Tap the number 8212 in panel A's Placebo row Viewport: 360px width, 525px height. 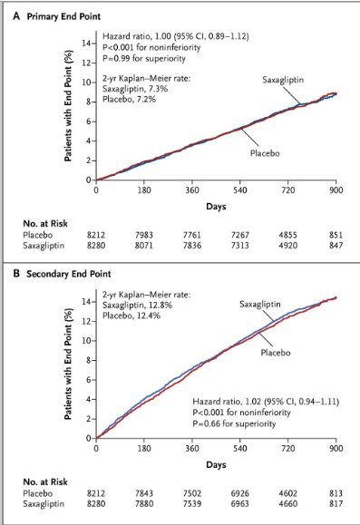tap(96, 234)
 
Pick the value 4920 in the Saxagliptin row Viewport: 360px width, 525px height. tap(287, 245)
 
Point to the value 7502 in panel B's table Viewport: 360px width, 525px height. tap(191, 493)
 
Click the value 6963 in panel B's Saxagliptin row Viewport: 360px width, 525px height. tap(239, 504)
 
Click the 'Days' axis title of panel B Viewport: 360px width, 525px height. tap(216, 463)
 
